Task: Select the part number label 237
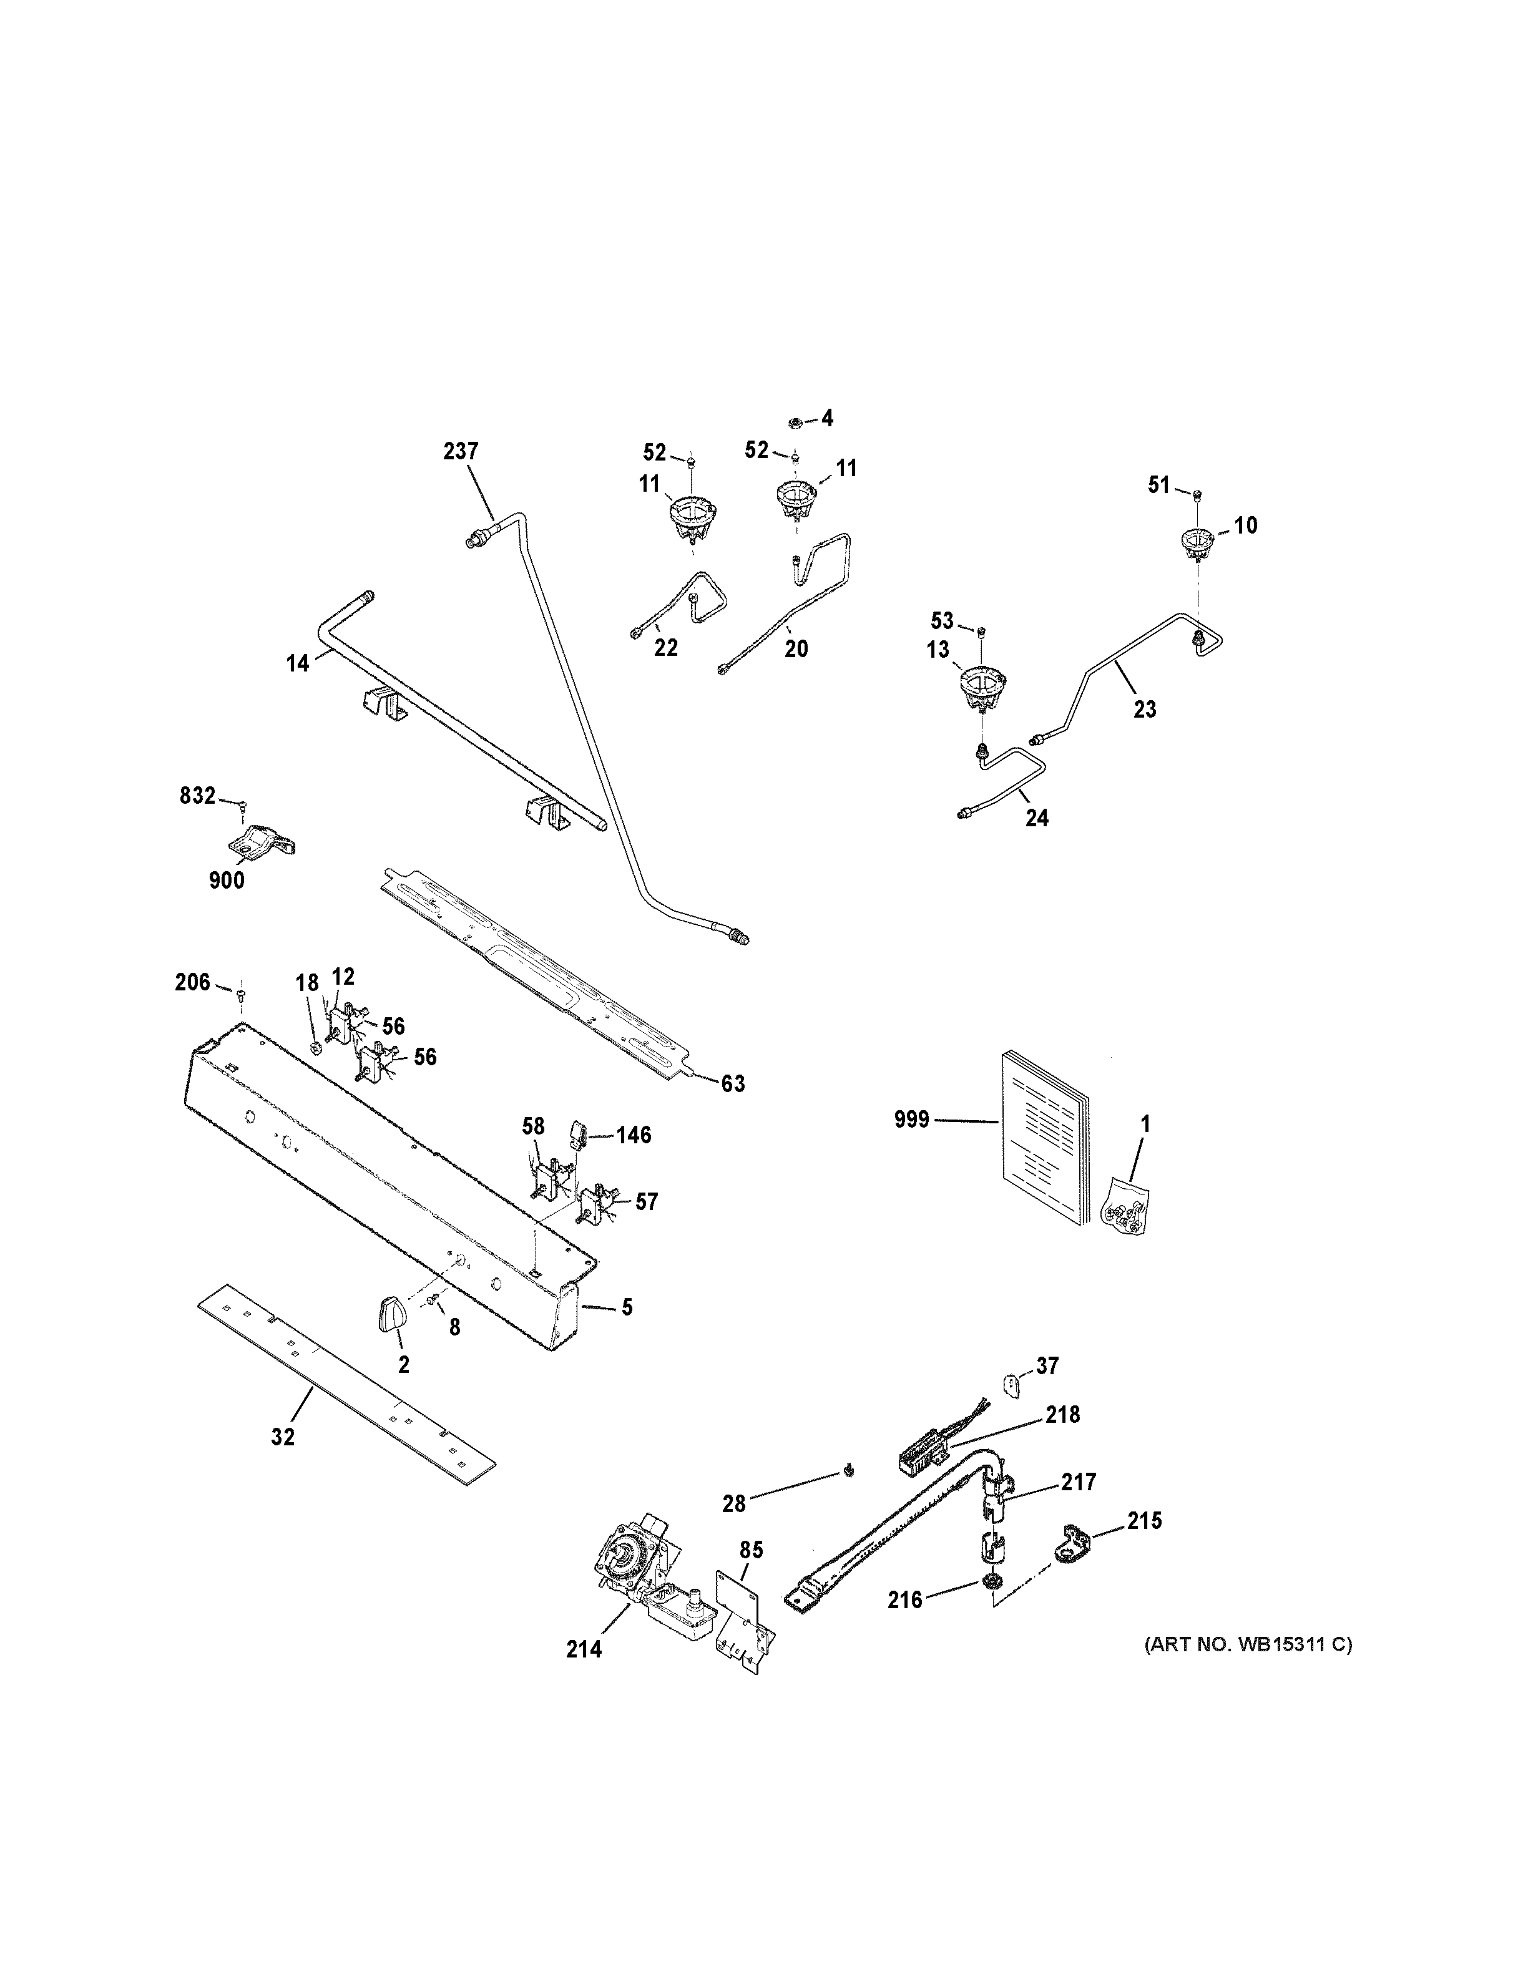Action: pyautogui.click(x=461, y=451)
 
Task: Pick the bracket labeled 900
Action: pyautogui.click(x=261, y=842)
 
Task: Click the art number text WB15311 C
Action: pyautogui.click(x=1248, y=1645)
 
